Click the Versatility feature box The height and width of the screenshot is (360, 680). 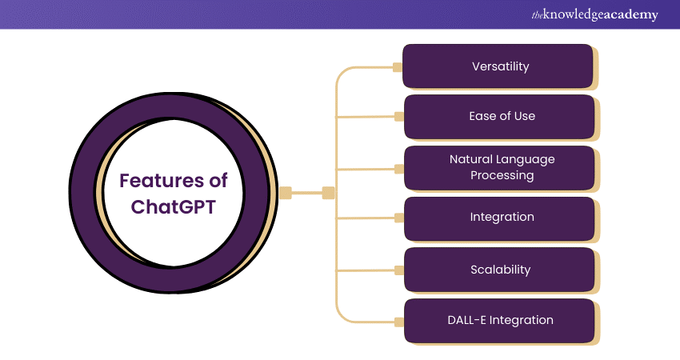click(499, 66)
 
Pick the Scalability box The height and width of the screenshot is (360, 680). click(499, 270)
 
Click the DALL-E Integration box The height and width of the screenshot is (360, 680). click(499, 320)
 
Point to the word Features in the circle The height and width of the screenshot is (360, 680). click(162, 182)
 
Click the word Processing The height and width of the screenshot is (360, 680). click(502, 175)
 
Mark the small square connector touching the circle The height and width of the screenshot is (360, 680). click(286, 192)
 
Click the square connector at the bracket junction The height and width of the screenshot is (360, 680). click(328, 192)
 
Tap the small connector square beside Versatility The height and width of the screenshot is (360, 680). click(398, 67)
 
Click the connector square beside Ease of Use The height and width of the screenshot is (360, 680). click(398, 117)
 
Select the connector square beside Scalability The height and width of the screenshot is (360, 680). click(398, 270)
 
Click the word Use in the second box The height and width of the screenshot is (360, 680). click(524, 116)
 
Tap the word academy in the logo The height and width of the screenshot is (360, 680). click(633, 15)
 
